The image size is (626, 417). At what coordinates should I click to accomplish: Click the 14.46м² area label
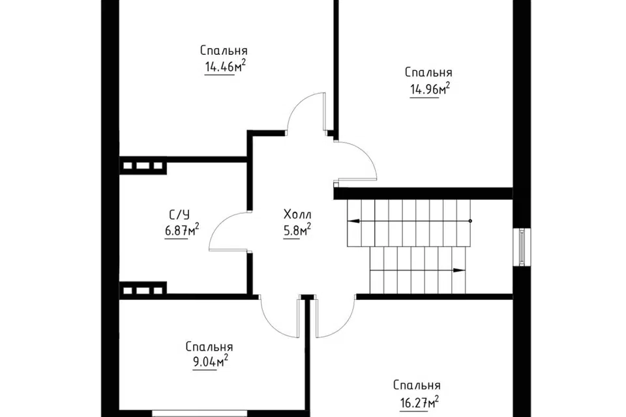click(225, 66)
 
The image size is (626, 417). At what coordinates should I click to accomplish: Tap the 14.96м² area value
click(430, 89)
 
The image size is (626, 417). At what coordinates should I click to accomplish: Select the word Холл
click(297, 214)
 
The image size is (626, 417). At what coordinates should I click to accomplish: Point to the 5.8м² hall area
click(297, 230)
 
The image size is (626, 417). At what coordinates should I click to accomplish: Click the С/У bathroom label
click(179, 216)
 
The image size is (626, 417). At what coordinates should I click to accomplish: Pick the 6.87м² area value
click(182, 230)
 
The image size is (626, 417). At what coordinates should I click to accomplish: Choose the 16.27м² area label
click(419, 402)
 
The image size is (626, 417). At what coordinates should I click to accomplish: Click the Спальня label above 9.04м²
click(209, 347)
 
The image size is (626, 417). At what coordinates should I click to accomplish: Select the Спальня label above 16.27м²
click(417, 386)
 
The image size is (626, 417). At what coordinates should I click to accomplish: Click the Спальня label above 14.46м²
click(224, 51)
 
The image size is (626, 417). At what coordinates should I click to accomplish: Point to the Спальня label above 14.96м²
click(428, 72)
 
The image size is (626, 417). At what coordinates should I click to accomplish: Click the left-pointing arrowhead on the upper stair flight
click(353, 221)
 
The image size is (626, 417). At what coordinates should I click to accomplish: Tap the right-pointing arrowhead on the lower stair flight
click(460, 270)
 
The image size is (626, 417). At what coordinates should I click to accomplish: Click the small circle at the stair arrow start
click(470, 221)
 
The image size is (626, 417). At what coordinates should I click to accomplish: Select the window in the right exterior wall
click(522, 246)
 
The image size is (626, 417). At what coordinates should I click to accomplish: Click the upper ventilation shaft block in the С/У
click(143, 165)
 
